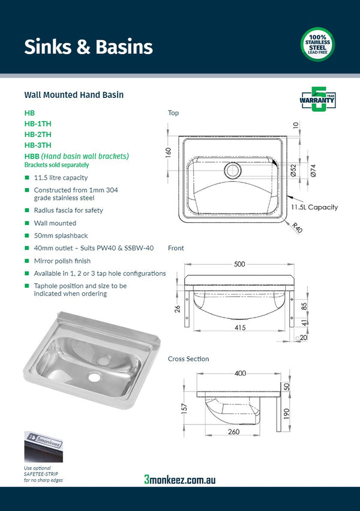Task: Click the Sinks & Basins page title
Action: pyautogui.click(x=88, y=47)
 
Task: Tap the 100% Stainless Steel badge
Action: pyautogui.click(x=317, y=44)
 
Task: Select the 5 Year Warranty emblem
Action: pyautogui.click(x=317, y=100)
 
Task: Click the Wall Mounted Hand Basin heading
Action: pyautogui.click(x=74, y=95)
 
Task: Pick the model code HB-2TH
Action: pyautogui.click(x=38, y=134)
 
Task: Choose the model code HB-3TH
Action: pyautogui.click(x=38, y=145)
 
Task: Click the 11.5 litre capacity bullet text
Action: pyautogui.click(x=61, y=178)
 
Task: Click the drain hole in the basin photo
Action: pyautogui.click(x=94, y=377)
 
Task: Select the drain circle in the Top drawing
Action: pyautogui.click(x=232, y=171)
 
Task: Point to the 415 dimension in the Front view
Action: pyautogui.click(x=240, y=327)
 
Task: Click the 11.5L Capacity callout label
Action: pyautogui.click(x=314, y=207)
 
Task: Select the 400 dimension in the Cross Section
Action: pyautogui.click(x=240, y=373)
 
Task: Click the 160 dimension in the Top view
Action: pyautogui.click(x=169, y=153)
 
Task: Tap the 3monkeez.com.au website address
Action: pyautogui.click(x=180, y=479)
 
